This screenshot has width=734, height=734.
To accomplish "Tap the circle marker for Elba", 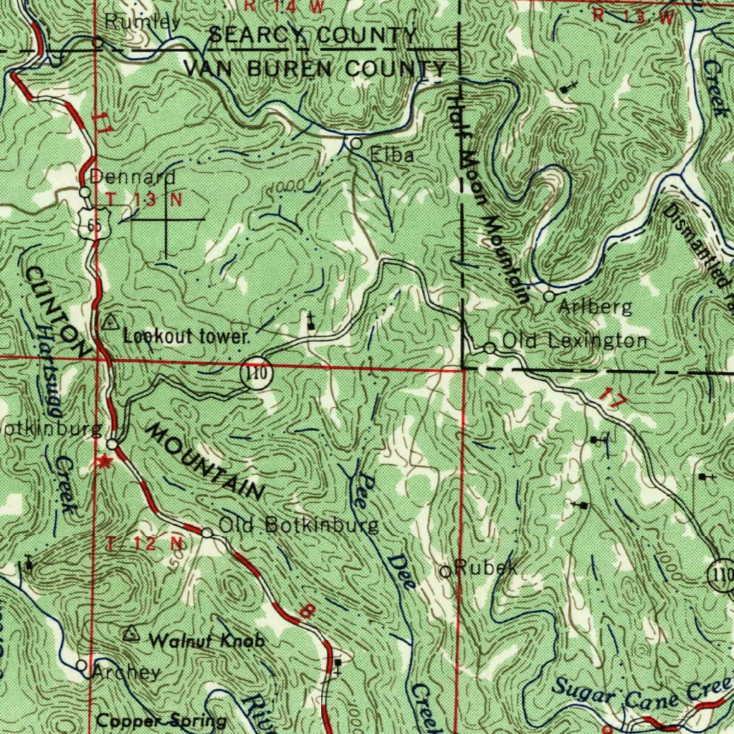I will point(356,144).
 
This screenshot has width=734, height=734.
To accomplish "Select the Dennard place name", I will point(133,177).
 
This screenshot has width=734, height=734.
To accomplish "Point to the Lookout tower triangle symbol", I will point(111,322).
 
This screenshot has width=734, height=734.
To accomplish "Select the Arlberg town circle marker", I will point(549,296).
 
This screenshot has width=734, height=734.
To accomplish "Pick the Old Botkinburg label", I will point(299,525).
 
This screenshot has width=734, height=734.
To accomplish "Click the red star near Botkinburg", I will point(105,461).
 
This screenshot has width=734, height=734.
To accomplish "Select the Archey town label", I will point(126,672).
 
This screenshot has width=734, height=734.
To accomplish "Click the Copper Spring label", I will point(162,720).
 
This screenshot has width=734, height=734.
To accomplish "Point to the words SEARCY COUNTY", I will point(313,35).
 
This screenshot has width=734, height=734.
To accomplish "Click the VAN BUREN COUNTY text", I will point(315,70).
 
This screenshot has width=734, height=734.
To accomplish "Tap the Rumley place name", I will point(143,22).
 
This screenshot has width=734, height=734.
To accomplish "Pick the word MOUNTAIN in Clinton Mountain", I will point(205,461).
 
